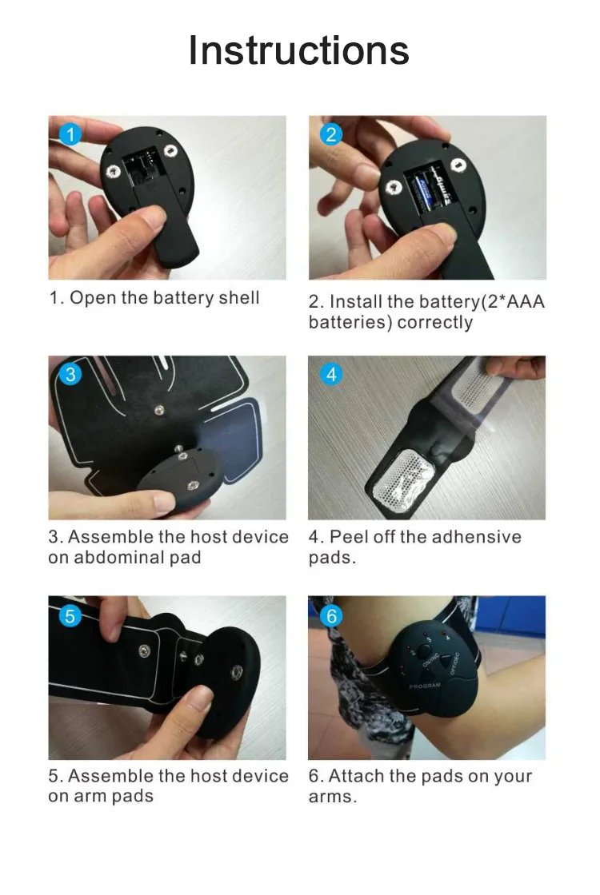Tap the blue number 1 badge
tap(70, 134)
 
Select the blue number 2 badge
tap(331, 134)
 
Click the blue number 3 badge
tap(70, 374)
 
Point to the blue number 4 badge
tap(331, 374)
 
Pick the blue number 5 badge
tap(70, 615)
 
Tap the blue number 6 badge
tap(331, 615)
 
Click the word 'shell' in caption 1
tap(239, 298)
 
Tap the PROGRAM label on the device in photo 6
tap(424, 686)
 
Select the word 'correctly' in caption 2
tap(435, 322)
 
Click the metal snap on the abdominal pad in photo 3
tap(159, 410)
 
